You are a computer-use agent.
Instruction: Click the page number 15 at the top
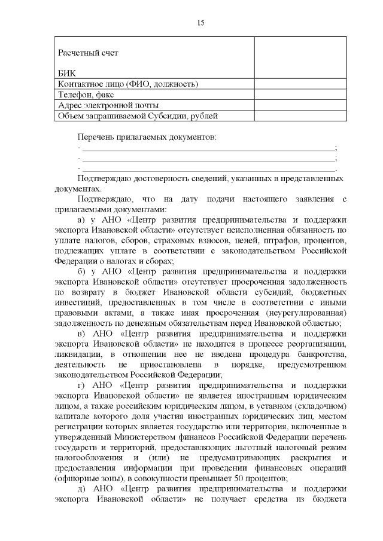coord(200,23)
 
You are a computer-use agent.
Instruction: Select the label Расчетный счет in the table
coord(88,53)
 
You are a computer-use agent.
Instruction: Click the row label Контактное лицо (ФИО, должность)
coord(128,84)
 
